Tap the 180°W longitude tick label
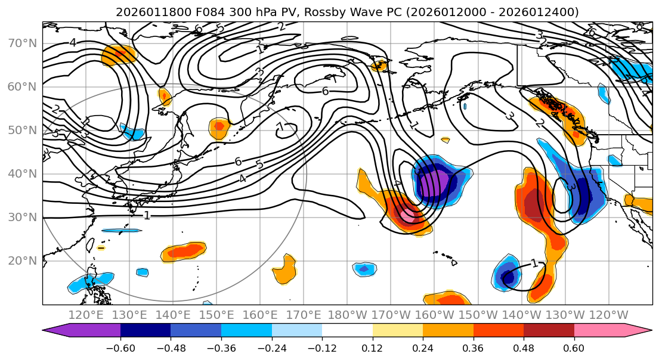[347, 315]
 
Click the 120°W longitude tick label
[608, 315]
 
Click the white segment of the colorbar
[347, 331]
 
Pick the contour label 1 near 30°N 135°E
[147, 215]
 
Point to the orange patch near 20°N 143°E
[184, 252]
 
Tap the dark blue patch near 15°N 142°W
[508, 277]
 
